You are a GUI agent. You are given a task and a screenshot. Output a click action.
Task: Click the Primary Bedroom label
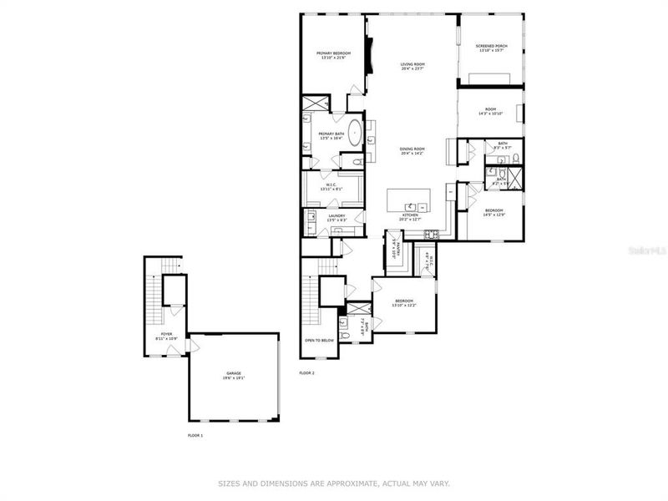(x=333, y=56)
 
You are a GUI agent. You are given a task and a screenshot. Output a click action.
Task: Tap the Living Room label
(x=412, y=66)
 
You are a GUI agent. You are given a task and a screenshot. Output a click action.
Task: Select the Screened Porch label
(x=492, y=48)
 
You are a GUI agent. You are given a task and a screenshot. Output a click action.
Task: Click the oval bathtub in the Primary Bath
(x=355, y=134)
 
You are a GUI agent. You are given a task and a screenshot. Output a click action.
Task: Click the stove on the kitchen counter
(x=432, y=232)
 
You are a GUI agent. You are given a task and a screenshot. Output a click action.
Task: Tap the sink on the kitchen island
(x=411, y=205)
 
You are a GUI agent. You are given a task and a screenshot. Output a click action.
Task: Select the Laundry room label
(x=337, y=218)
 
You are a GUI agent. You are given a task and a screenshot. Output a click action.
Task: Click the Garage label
(x=233, y=376)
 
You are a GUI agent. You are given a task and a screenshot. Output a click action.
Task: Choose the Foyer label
(x=167, y=336)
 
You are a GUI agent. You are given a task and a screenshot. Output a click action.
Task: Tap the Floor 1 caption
(x=195, y=435)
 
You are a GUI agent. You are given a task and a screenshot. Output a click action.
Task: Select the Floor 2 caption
(x=307, y=372)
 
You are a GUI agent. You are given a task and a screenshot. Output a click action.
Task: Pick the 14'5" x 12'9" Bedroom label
(x=494, y=212)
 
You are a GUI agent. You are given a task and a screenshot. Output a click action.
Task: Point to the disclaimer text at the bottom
(x=334, y=483)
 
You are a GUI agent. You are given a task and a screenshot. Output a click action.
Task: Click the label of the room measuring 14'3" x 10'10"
(x=490, y=112)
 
